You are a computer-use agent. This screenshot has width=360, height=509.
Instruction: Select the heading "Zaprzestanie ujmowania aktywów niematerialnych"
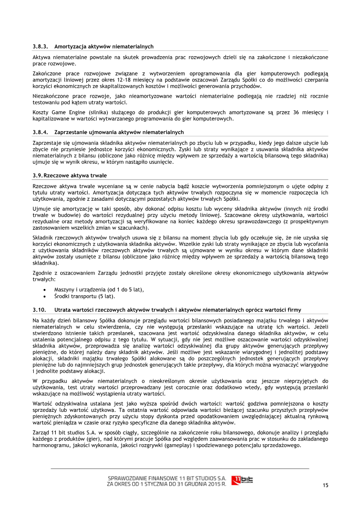[x=119, y=132]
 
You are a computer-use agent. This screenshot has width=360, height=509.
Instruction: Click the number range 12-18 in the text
[x=124, y=80]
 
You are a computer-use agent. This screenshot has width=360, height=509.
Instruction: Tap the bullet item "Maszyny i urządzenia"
[x=99, y=289]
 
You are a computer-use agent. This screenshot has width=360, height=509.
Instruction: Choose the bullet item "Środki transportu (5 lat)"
[x=85, y=296]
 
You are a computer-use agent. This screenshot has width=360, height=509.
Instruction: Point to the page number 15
[x=325, y=485]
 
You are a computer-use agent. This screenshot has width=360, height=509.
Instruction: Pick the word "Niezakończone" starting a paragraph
[x=50, y=96]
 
